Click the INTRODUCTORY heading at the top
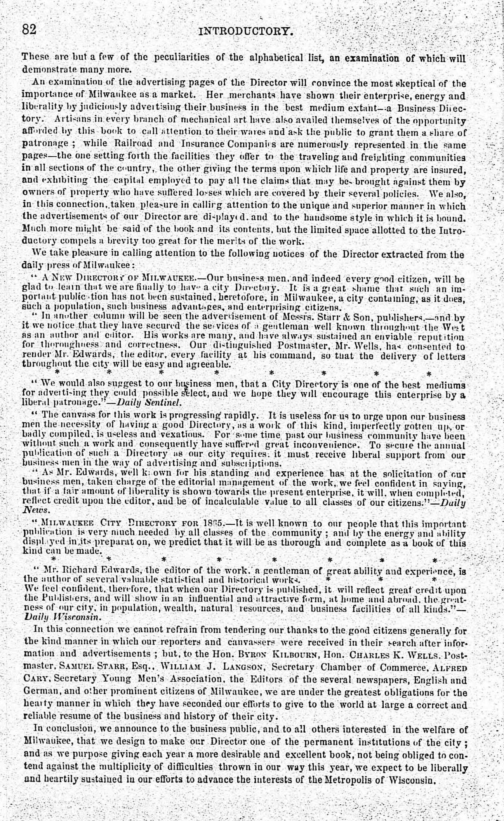click(245, 31)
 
